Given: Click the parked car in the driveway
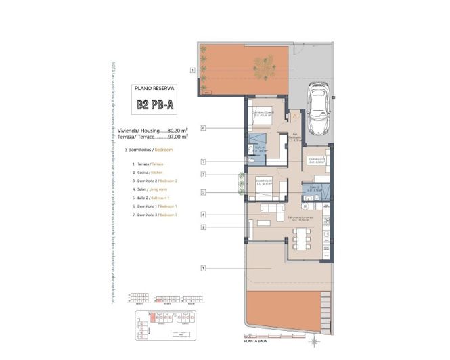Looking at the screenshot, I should point(317,108).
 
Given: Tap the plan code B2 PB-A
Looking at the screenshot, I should point(155,105).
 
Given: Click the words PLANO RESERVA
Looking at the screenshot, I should point(155,88).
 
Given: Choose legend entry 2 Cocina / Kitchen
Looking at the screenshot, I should point(147,173).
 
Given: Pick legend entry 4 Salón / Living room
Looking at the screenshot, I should point(147,190).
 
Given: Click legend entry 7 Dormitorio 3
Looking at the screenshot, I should point(154,215).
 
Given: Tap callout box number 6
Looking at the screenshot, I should point(203,127).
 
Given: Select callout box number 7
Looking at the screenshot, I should point(203,162).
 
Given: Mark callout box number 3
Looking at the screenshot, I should point(203,175).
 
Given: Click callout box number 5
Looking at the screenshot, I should point(203,192).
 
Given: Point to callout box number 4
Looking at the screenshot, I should point(203,215).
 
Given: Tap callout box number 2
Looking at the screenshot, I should point(203,227).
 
